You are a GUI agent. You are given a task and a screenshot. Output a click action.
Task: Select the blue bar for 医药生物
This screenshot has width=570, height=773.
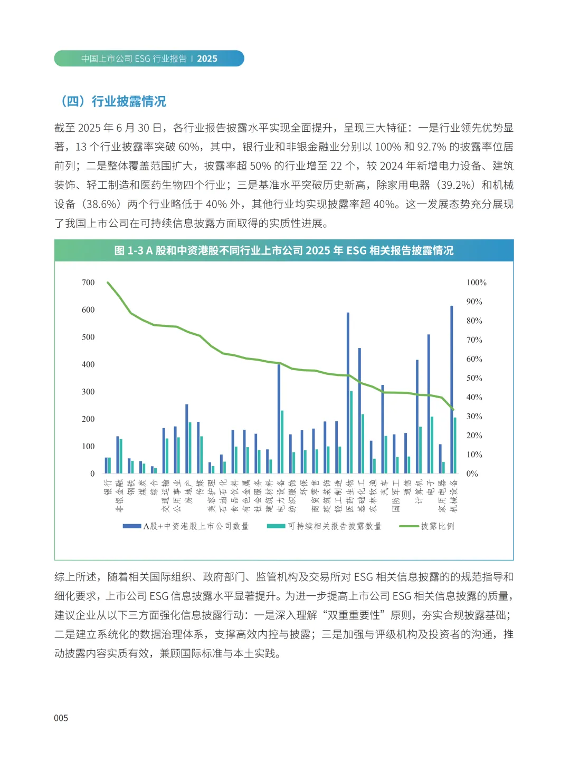click(x=348, y=393)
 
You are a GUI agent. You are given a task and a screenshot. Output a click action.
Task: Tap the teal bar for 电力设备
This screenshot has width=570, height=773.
click(x=282, y=442)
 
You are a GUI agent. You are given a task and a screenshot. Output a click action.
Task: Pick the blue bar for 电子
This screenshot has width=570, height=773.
click(x=429, y=403)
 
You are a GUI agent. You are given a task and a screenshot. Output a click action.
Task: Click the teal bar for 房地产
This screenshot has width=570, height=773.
click(x=190, y=448)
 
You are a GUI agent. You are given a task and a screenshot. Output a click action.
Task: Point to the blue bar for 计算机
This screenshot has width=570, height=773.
click(x=417, y=417)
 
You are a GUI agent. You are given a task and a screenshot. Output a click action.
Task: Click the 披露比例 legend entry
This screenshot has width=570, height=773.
click(x=427, y=526)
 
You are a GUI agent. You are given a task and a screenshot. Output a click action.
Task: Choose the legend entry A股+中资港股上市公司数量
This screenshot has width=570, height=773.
click(x=186, y=526)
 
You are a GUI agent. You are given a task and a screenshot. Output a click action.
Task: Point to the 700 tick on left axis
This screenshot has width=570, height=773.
click(x=88, y=283)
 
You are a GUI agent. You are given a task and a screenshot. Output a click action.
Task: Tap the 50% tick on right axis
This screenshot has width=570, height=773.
click(x=474, y=378)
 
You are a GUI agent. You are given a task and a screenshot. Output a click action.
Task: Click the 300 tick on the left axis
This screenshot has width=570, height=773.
click(x=88, y=392)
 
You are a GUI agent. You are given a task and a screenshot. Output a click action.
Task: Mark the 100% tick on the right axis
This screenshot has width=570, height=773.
click(x=476, y=283)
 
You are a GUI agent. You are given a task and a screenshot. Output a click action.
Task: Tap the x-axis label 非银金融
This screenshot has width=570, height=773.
click(x=119, y=496)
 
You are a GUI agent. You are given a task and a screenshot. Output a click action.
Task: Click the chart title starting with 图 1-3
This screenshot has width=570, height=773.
click(x=284, y=250)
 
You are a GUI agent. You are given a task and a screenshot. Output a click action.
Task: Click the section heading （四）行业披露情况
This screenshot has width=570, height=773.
click(x=113, y=101)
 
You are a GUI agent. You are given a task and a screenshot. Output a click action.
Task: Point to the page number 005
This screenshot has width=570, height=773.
click(x=61, y=718)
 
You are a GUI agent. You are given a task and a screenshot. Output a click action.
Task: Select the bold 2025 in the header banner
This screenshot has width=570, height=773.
click(x=207, y=59)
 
